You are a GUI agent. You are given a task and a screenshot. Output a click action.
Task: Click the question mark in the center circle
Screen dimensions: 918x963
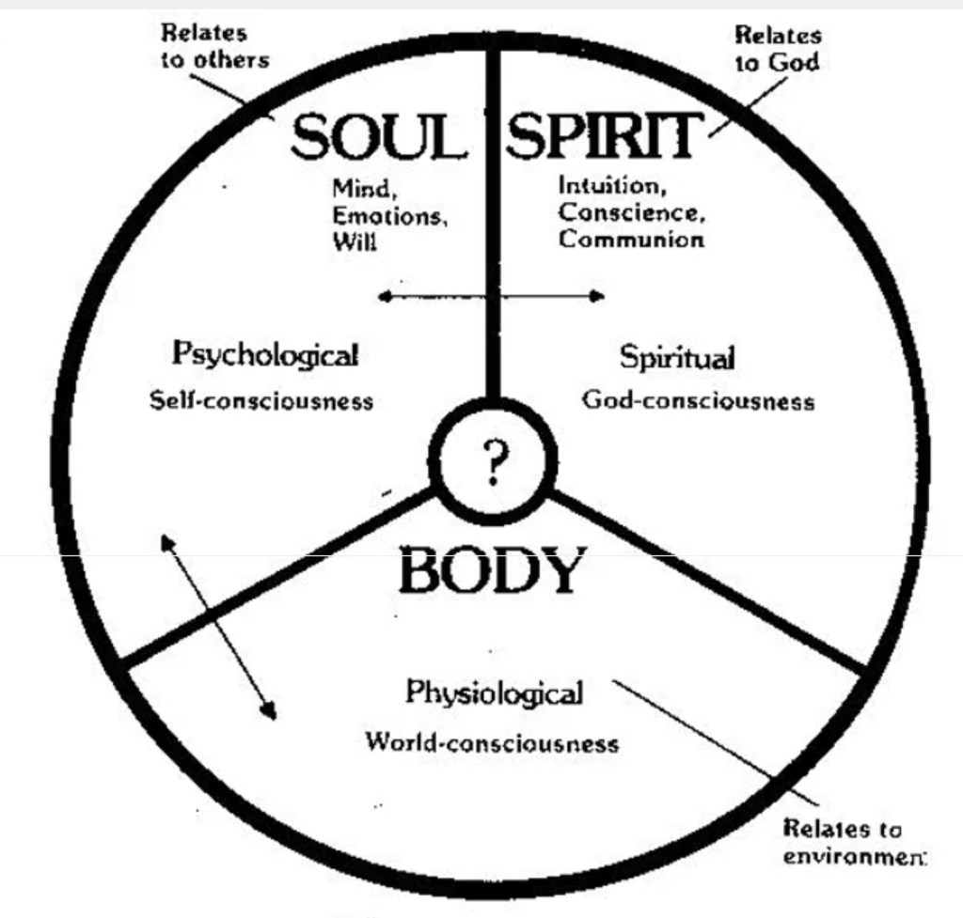click(493, 462)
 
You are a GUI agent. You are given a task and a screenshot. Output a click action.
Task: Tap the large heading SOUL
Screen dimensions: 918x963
click(378, 138)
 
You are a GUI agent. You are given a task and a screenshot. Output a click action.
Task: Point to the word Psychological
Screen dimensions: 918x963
click(265, 355)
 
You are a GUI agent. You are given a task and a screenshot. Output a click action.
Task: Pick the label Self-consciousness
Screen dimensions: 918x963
click(261, 401)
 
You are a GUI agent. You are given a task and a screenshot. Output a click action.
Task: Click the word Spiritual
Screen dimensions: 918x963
click(676, 358)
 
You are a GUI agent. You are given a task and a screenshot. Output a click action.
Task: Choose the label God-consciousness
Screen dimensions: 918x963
click(698, 401)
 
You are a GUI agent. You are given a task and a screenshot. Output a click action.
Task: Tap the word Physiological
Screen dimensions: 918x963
click(494, 693)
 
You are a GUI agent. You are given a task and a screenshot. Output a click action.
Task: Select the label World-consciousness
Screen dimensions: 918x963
click(492, 743)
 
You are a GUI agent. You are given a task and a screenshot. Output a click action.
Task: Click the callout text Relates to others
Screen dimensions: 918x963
click(215, 47)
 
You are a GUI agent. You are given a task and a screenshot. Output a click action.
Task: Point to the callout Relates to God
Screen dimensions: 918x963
click(777, 49)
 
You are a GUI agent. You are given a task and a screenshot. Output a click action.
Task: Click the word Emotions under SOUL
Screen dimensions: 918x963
click(388, 216)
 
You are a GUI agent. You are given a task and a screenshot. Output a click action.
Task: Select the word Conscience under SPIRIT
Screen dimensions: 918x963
click(631, 213)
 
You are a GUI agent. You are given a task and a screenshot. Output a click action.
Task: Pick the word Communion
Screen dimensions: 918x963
click(631, 240)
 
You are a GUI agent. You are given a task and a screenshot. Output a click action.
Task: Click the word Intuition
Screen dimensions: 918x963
click(612, 186)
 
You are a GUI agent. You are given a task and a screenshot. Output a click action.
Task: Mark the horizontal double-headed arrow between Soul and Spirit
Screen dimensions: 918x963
click(491, 297)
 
